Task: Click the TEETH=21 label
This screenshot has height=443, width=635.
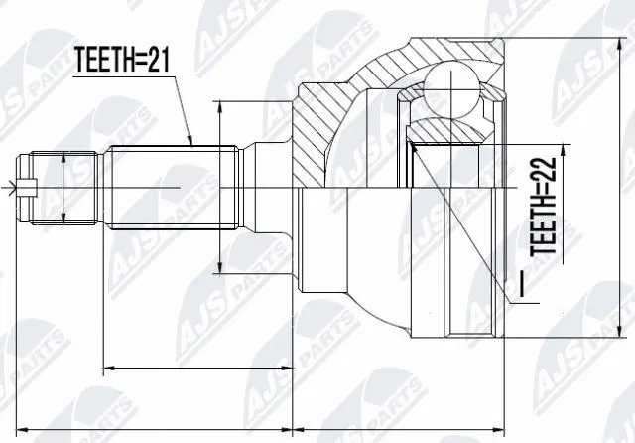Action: tap(124, 63)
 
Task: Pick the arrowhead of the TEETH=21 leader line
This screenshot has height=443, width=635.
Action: tap(191, 144)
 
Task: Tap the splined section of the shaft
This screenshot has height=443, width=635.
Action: tap(174, 186)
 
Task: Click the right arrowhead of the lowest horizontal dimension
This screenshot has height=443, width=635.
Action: tap(499, 429)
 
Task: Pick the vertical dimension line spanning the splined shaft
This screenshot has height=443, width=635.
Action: tap(220, 186)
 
